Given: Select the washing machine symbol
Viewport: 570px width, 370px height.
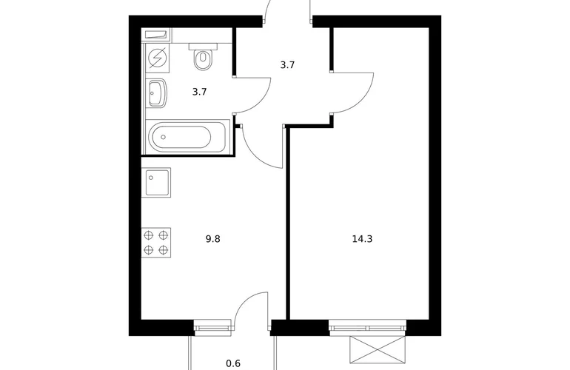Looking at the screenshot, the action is [158, 58].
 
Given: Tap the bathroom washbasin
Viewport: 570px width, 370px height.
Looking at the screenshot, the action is [158, 93].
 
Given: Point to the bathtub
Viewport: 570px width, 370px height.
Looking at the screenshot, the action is [187, 137].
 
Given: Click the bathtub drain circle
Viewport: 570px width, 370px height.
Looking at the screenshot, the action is [163, 137].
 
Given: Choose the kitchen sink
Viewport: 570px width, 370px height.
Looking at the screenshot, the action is [156, 183].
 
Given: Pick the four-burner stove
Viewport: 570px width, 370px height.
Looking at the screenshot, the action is [156, 243].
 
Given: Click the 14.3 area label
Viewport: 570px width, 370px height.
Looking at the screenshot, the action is [362, 239].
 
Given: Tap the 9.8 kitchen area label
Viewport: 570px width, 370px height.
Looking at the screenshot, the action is [212, 239].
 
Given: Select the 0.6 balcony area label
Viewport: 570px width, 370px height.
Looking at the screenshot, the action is [233, 363].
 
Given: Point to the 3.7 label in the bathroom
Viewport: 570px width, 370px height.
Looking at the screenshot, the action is [200, 92].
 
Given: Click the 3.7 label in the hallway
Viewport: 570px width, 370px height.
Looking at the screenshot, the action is [287, 65].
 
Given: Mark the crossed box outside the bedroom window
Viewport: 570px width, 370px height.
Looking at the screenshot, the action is [378, 349].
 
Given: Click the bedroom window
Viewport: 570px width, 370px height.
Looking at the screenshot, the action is [367, 328].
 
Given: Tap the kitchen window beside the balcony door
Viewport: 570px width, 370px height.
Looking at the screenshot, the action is [212, 328].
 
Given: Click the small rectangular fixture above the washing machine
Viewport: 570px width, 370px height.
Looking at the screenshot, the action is [156, 35].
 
